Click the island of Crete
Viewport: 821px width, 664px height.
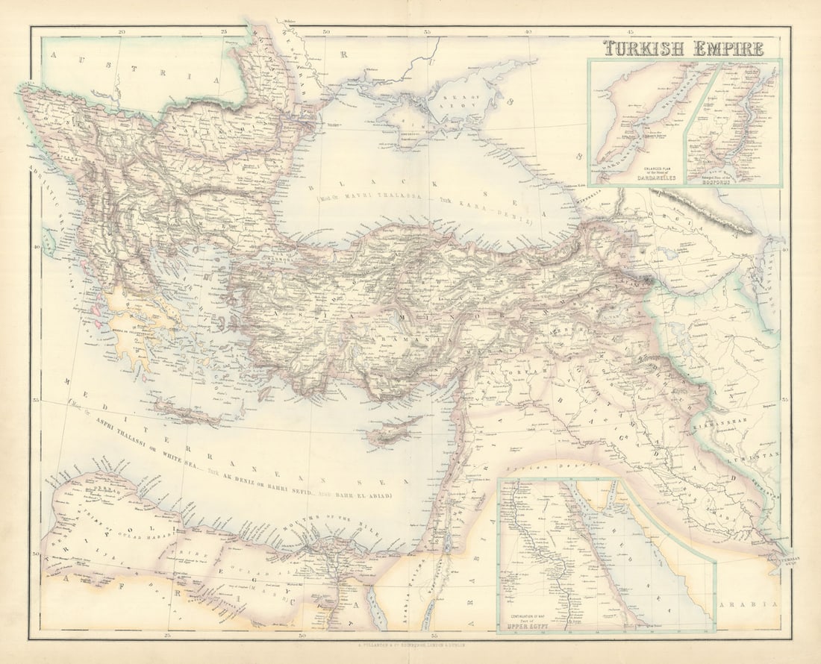pyautogui.click(x=187, y=413)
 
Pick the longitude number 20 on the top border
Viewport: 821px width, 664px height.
pyautogui.click(x=122, y=32)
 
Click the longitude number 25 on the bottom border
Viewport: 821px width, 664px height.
pyautogui.click(x=168, y=635)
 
